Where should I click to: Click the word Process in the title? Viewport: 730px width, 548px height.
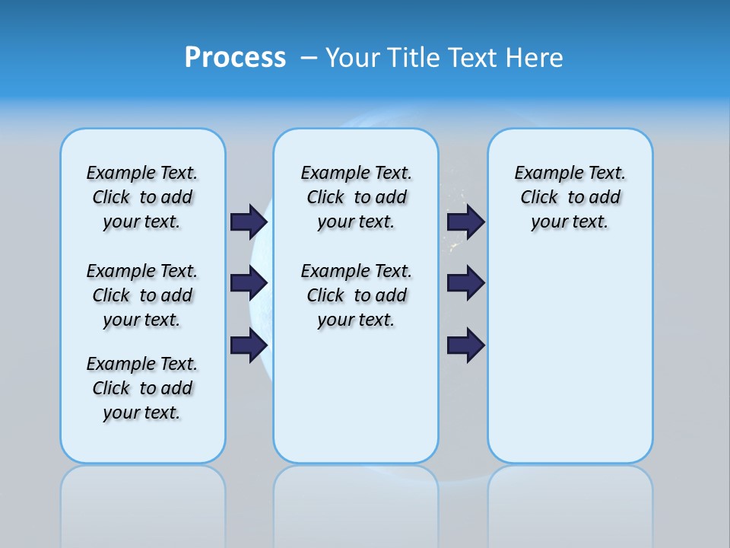[x=235, y=58]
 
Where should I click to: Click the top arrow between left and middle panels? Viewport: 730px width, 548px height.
[x=249, y=221]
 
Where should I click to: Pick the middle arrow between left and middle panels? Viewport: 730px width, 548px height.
[x=249, y=283]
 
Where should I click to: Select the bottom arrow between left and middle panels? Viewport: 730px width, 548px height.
[x=249, y=345]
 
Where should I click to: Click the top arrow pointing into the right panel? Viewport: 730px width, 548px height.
[x=466, y=221]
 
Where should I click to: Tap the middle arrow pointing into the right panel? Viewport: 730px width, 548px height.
[x=466, y=283]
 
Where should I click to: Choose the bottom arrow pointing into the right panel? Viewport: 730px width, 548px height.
[x=466, y=345]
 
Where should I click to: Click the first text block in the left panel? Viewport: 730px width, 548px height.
[x=142, y=197]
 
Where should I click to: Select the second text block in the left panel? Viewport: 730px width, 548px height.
[x=142, y=295]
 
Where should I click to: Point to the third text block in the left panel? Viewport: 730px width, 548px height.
[x=142, y=388]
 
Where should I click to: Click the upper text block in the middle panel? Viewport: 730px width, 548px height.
[x=356, y=197]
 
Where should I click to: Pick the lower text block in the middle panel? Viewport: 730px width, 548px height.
[x=356, y=295]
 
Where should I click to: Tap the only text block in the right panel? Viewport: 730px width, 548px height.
[x=570, y=197]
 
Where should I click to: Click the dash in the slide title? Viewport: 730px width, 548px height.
[x=309, y=58]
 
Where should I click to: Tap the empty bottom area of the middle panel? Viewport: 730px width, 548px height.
[x=356, y=403]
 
